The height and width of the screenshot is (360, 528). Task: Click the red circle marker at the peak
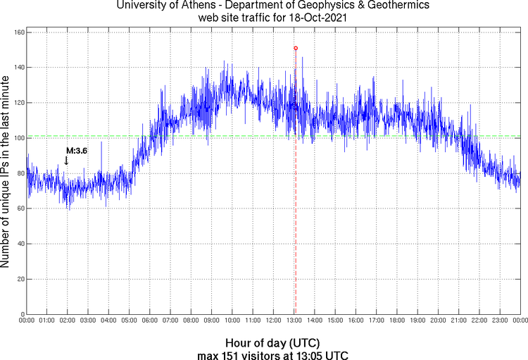[296, 48]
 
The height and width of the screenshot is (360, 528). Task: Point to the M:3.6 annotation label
[76, 151]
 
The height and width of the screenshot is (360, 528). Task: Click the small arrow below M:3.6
[66, 161]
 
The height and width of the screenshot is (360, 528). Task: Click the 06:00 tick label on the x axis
[150, 321]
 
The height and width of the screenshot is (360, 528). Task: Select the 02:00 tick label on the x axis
[68, 321]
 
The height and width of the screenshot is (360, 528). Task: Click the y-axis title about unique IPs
[6, 173]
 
